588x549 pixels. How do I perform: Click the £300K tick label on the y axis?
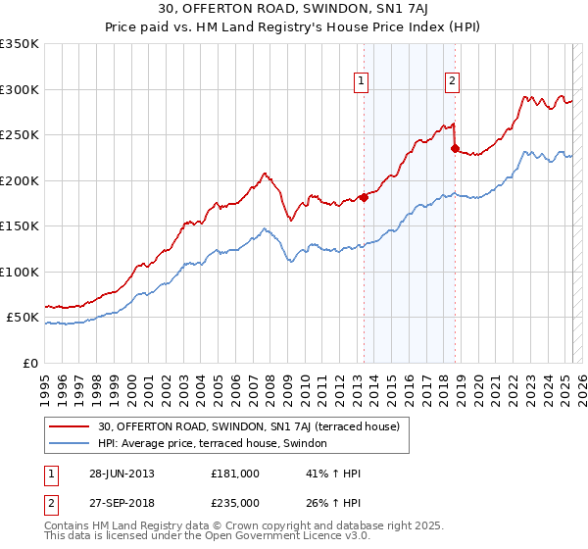[x=20, y=89]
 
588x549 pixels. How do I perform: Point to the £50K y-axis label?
[x=23, y=318]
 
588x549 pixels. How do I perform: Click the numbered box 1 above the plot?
[x=362, y=81]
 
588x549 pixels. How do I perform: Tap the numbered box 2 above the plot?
[x=453, y=81]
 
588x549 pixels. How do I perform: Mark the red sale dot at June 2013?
[x=364, y=197]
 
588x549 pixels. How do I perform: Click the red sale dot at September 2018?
[x=455, y=148]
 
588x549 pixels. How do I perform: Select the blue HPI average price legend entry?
[x=218, y=444]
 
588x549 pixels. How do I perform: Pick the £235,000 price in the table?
[x=235, y=502]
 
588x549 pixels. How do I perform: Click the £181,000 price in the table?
[x=235, y=474]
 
